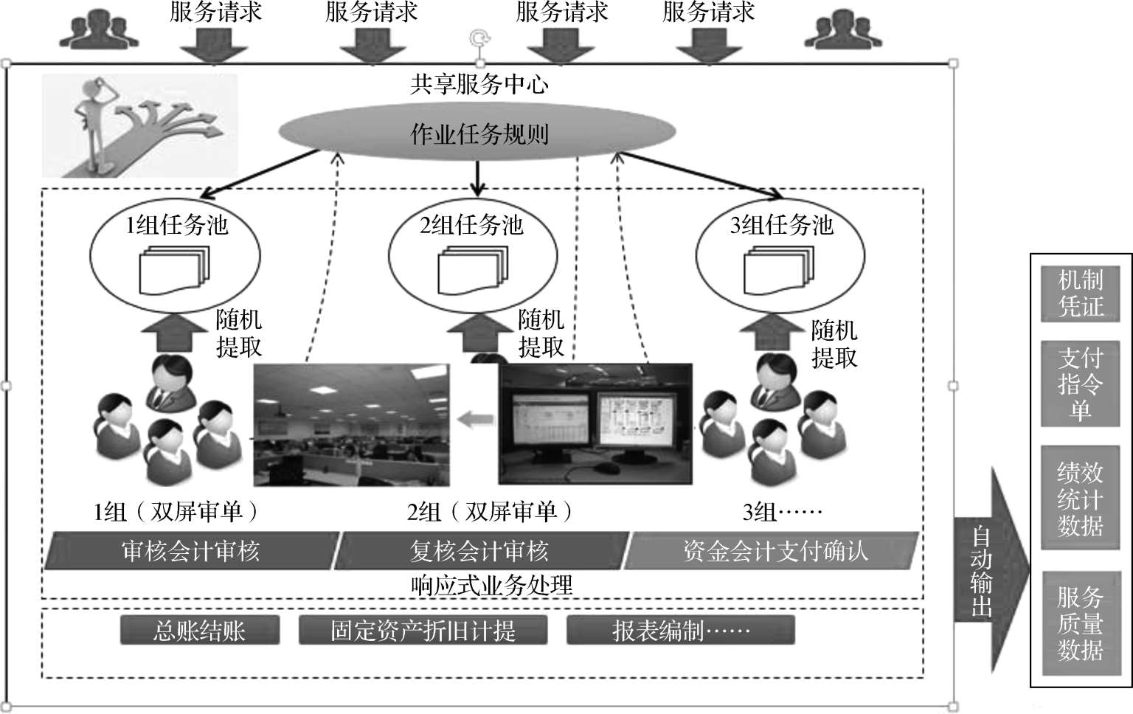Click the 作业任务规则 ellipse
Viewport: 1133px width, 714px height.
tap(478, 134)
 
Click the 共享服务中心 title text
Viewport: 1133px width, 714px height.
tap(479, 85)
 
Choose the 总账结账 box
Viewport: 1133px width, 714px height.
tap(199, 631)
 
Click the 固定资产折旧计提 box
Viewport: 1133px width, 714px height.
tap(423, 631)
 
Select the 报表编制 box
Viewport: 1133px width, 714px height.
tap(680, 631)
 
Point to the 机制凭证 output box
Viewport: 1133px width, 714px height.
tap(1080, 294)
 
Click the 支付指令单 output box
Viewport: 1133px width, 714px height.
tap(1080, 384)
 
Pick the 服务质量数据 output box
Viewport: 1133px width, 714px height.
tap(1080, 623)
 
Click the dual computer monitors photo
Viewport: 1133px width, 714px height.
tap(596, 424)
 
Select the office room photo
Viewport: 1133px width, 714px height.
tap(351, 424)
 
